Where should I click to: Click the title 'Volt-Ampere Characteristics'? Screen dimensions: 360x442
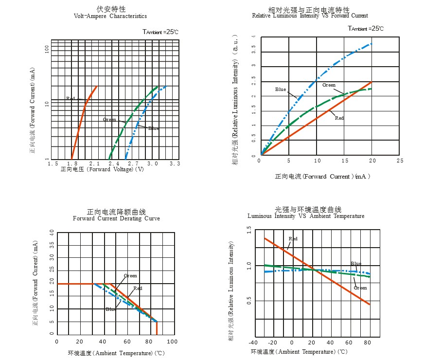[x=110, y=16]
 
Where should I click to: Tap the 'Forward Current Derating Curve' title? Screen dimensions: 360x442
[x=116, y=218]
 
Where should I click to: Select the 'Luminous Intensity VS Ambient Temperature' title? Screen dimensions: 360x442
[x=306, y=216]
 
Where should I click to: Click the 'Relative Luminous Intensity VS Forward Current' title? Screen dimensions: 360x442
[x=310, y=16]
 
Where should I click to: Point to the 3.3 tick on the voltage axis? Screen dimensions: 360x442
[x=175, y=164]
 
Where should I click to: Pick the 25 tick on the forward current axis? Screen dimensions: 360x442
[x=400, y=160]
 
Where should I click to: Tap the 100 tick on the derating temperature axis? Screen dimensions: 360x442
[x=172, y=342]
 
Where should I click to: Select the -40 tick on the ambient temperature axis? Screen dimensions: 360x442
[x=253, y=342]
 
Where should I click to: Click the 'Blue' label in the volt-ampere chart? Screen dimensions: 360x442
[x=154, y=128]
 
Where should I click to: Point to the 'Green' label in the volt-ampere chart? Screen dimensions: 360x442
[x=110, y=119]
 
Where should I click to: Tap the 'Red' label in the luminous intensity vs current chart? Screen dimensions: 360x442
[x=339, y=118]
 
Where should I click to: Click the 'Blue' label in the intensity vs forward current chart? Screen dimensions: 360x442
[x=281, y=90]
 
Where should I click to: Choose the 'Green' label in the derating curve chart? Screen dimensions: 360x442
[x=130, y=276]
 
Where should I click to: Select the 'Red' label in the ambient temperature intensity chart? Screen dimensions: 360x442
[x=293, y=239]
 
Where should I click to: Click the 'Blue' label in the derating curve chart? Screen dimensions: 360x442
[x=111, y=309]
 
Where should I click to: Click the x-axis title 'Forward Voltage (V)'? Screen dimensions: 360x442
[x=102, y=170]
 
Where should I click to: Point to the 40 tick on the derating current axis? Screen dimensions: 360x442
[x=52, y=233]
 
